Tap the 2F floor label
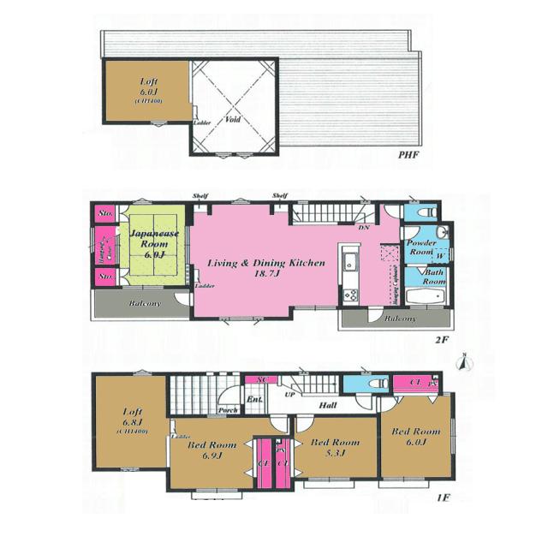point(441,339)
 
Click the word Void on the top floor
point(232,120)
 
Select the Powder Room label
point(420,248)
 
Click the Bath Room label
point(434,277)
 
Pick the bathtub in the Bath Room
point(425,297)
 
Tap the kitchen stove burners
point(350,295)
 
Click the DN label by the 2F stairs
point(364,228)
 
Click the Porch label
point(228,410)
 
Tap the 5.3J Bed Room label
point(335,447)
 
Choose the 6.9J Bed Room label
point(212,450)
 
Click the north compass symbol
point(465,363)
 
